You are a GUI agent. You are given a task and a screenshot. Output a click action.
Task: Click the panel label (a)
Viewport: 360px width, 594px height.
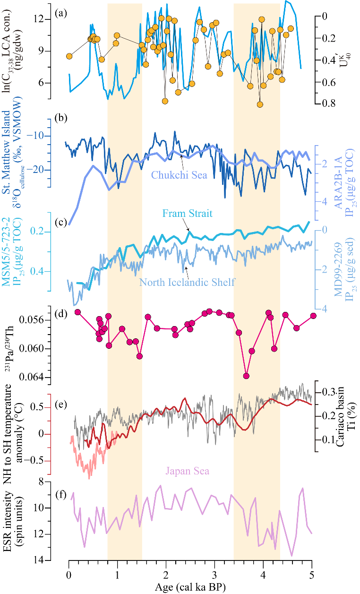[x=60, y=13]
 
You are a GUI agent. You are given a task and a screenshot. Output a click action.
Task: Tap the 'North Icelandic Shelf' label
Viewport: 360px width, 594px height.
[x=188, y=283]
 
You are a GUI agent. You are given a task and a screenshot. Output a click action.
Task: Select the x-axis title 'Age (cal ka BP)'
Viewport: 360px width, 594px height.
[x=190, y=588]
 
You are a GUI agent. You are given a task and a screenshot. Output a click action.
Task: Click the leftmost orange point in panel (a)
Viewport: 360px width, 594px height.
[x=69, y=56]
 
